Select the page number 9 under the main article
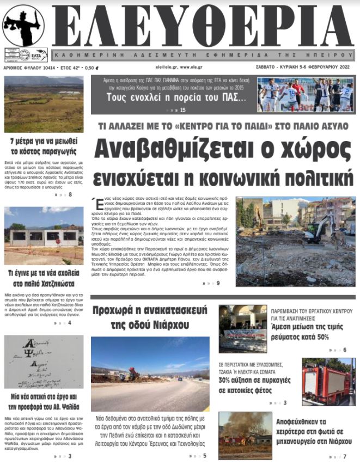coord(218,283)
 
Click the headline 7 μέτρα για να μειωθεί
coord(44,146)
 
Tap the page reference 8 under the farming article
coord(70,194)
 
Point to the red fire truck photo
coord(328,381)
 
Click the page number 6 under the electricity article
coord(345,350)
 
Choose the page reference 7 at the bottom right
coord(344,456)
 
